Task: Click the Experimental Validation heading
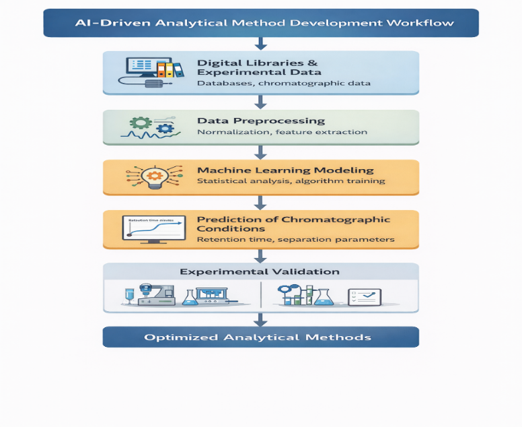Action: tap(260, 272)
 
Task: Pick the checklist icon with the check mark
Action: tap(364, 297)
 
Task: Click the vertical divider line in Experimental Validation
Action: tap(260, 295)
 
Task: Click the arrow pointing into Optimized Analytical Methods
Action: tap(260, 319)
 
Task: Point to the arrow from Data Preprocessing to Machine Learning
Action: tap(260, 152)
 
